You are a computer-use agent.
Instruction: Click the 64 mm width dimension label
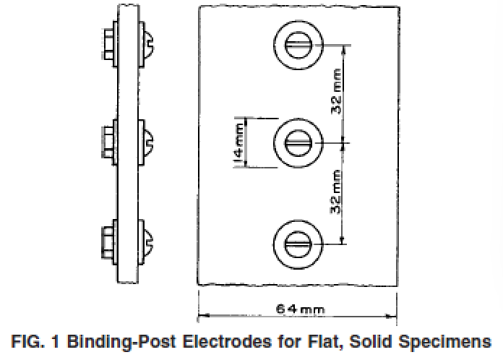(300, 309)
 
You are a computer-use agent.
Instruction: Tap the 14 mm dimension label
(240, 143)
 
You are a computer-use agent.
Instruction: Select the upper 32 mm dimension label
(336, 91)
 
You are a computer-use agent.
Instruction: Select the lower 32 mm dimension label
(336, 192)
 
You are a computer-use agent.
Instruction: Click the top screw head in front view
(298, 45)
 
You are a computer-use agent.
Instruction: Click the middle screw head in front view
(298, 143)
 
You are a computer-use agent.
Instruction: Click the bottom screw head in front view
(298, 244)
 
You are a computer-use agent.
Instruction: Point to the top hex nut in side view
(109, 44)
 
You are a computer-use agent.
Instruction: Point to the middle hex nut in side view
(108, 142)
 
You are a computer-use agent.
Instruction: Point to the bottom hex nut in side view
(108, 243)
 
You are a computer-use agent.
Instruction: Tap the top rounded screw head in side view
(149, 44)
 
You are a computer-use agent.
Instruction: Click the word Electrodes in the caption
(227, 341)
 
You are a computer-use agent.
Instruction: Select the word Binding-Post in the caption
(121, 342)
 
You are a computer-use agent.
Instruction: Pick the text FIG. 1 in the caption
(35, 341)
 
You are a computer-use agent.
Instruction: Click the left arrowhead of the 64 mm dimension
(204, 315)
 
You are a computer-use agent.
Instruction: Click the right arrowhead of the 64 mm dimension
(392, 317)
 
